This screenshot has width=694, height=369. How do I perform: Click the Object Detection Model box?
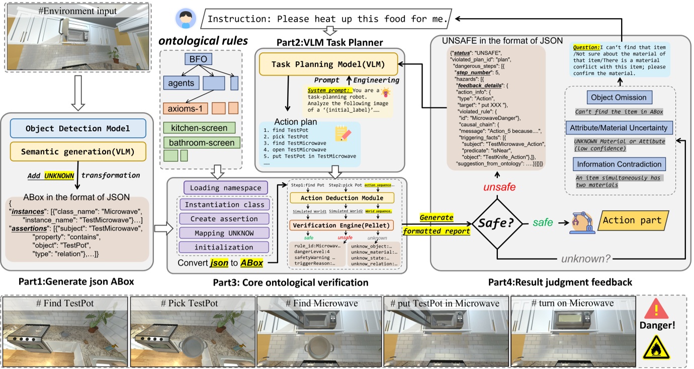(78, 128)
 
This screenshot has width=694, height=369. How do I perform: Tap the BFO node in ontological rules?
(201, 60)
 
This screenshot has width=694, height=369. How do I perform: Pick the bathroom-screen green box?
(202, 143)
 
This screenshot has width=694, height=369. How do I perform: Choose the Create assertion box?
(225, 219)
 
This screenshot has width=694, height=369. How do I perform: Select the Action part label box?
(632, 220)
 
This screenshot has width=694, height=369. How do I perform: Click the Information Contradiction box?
(619, 164)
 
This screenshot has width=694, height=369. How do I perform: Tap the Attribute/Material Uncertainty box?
(619, 128)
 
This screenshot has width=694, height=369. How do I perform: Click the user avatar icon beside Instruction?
(185, 18)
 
